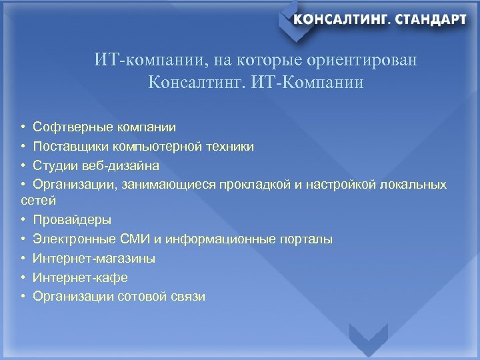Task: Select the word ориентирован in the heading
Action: [x=363, y=61]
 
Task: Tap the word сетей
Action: [x=39, y=200]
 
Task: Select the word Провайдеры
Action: [x=72, y=219]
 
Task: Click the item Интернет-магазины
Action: [x=94, y=258]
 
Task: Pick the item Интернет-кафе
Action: [x=80, y=277]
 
